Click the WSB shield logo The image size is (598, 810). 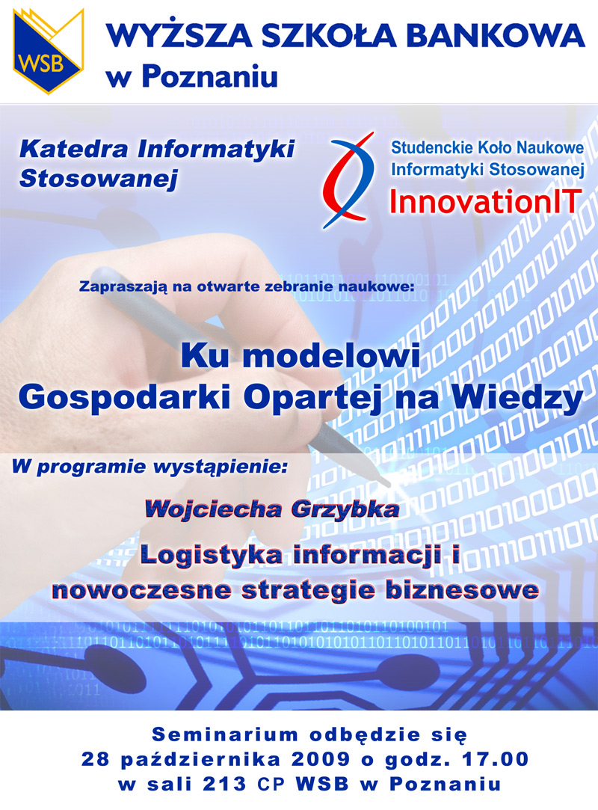click(x=48, y=51)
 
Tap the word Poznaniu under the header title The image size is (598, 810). click(x=209, y=76)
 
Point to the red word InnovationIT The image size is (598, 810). click(x=485, y=201)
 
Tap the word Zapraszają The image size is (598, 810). click(x=123, y=286)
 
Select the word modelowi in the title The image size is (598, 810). click(x=331, y=357)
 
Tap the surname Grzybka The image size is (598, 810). click(x=345, y=510)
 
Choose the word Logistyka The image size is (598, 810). click(x=212, y=556)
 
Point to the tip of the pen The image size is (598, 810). click(x=392, y=485)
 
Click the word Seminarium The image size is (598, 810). click(x=225, y=734)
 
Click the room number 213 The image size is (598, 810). click(x=225, y=784)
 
